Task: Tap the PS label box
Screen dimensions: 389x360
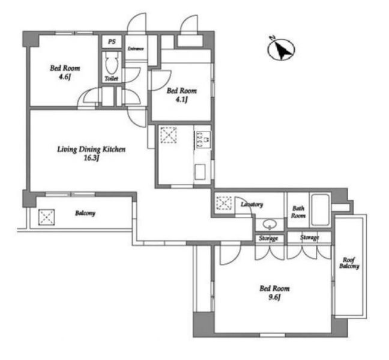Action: point(112,41)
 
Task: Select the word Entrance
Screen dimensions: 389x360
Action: point(136,49)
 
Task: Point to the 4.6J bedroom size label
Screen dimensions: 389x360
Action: point(64,77)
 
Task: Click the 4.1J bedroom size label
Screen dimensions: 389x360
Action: point(181,99)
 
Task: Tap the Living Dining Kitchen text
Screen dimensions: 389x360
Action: point(91,149)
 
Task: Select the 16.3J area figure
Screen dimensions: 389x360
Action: point(91,158)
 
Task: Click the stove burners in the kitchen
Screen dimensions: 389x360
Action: point(203,140)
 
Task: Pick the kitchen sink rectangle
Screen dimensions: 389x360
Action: point(200,172)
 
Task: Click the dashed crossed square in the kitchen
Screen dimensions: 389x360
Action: point(169,135)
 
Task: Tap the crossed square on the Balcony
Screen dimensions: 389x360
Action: point(46,217)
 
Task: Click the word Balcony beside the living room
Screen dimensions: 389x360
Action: point(85,213)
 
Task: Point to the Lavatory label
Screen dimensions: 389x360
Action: point(252,204)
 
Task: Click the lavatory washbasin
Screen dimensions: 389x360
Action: point(270,224)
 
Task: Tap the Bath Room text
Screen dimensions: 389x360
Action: point(298,212)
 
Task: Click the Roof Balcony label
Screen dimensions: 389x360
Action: point(349,263)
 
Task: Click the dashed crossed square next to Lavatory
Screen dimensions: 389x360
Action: point(224,203)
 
